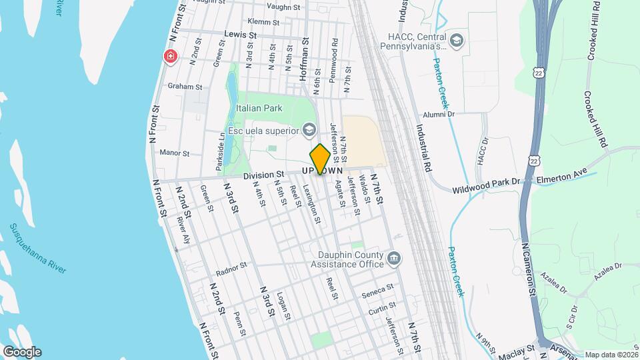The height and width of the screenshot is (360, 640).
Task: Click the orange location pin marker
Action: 320,159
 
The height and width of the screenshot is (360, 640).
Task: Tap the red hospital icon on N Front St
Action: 171,57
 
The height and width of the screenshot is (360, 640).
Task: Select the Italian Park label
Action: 259,108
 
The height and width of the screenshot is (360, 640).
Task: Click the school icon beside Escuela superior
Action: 309,129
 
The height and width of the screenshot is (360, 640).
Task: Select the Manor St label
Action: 175,153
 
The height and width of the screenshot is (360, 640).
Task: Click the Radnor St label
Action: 231,269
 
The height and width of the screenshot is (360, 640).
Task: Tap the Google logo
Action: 21,352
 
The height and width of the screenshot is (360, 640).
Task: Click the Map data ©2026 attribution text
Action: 610,355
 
